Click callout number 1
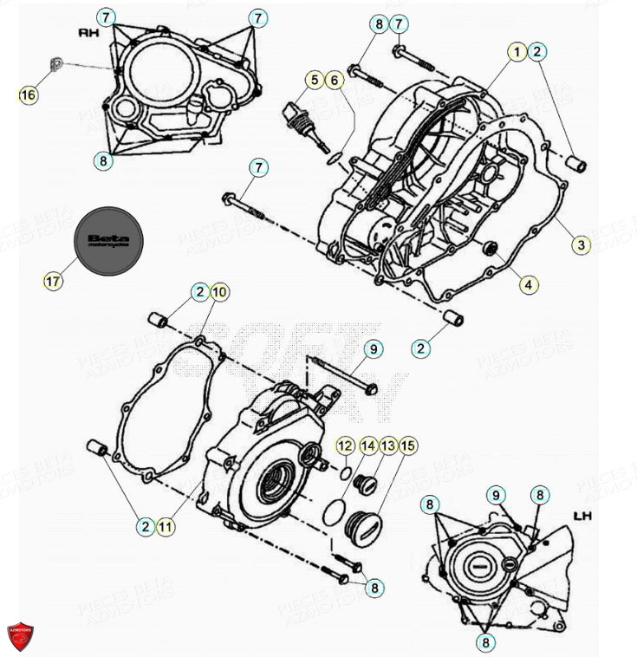517,52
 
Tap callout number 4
528,283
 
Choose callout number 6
334,80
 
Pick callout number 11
165,524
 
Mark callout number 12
345,446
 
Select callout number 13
387,446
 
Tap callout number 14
367,446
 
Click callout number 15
408,446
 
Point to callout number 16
29,94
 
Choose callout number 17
54,281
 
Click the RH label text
88,33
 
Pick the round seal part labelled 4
491,251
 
